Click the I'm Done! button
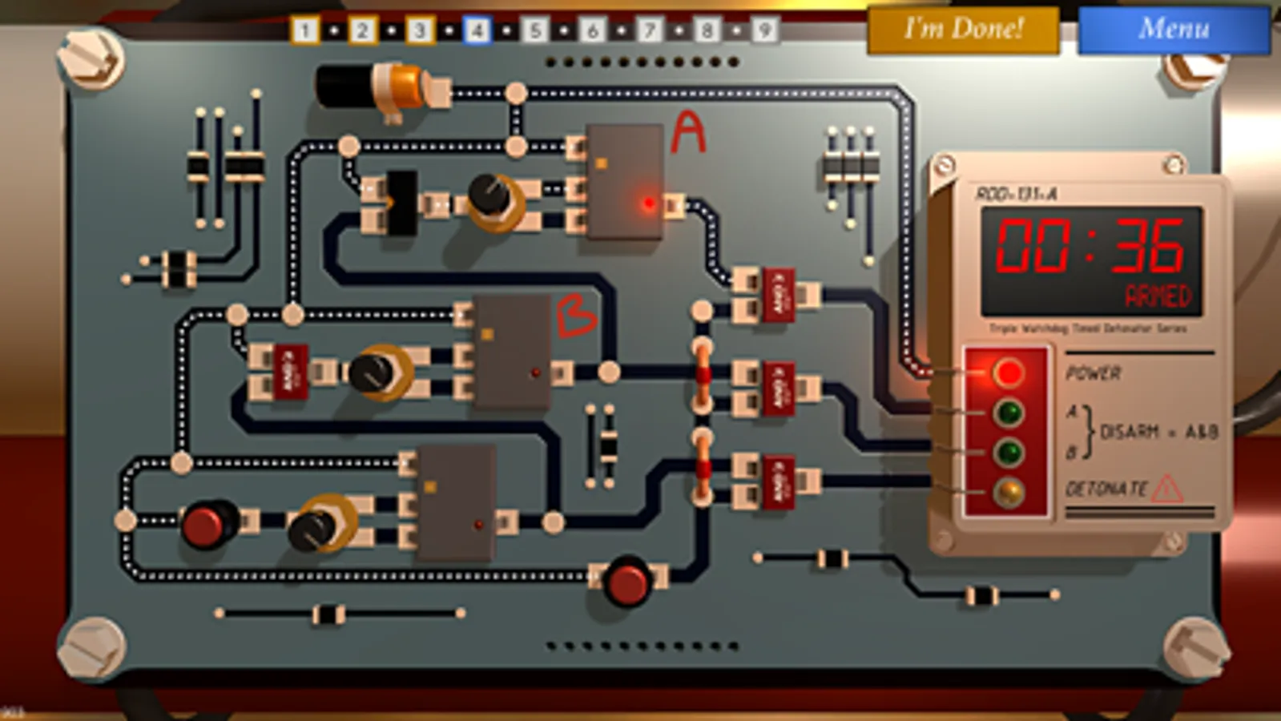pyautogui.click(x=963, y=30)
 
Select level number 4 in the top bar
pyautogui.click(x=477, y=30)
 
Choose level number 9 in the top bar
pyautogui.click(x=764, y=30)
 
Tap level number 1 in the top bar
pyautogui.click(x=304, y=30)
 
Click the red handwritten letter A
pyautogui.click(x=688, y=132)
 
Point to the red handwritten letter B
pyautogui.click(x=576, y=316)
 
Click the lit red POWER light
pyautogui.click(x=1008, y=373)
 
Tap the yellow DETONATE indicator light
pyautogui.click(x=1008, y=492)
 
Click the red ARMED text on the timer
pyautogui.click(x=1158, y=296)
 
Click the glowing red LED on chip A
pyautogui.click(x=648, y=203)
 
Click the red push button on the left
pyautogui.click(x=204, y=525)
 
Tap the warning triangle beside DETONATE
pyautogui.click(x=1166, y=488)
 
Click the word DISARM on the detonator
pyautogui.click(x=1129, y=432)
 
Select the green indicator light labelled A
pyautogui.click(x=1008, y=413)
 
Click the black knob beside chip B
pyautogui.click(x=372, y=373)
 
